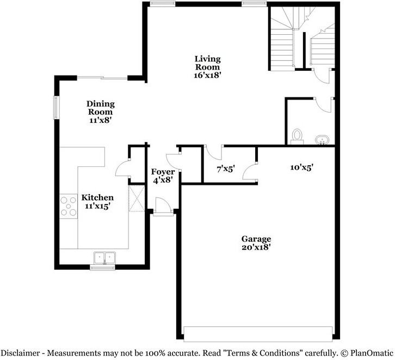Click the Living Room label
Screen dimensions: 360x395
point(208,63)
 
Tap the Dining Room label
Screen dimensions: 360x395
point(101,108)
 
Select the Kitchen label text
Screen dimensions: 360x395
point(97,197)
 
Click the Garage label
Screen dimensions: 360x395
point(256,239)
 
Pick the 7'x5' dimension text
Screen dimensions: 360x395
point(226,169)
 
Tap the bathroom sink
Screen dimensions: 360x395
point(323,140)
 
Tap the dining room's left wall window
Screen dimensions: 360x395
point(55,107)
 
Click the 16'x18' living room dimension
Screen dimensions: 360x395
point(208,76)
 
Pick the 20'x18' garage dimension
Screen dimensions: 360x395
point(256,247)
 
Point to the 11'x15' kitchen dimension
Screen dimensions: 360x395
point(97,206)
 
